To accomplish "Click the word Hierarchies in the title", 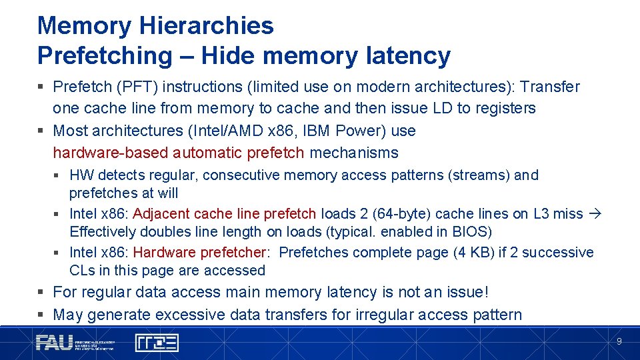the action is click(x=206, y=26).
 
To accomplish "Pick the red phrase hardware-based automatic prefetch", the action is click(x=179, y=153).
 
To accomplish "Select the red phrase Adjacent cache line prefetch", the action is click(x=225, y=214).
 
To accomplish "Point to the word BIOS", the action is click(x=471, y=232).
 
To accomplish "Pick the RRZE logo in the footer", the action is click(x=157, y=343).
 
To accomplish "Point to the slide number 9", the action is click(x=619, y=341).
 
